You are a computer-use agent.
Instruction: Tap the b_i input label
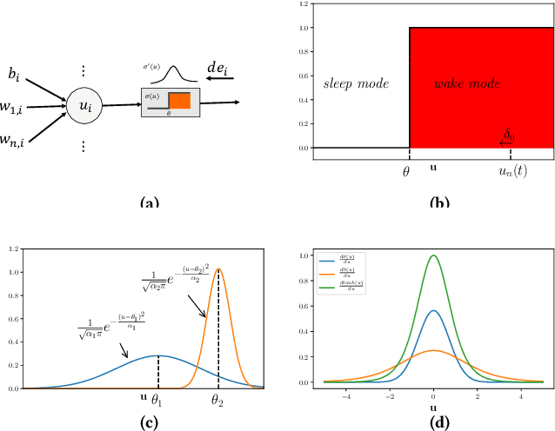click(16, 76)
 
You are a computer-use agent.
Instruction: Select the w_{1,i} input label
click(17, 108)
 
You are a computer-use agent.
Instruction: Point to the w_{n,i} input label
click(17, 139)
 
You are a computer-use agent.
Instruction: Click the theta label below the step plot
click(406, 172)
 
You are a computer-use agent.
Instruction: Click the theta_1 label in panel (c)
click(157, 402)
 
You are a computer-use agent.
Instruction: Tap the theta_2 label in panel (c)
click(218, 402)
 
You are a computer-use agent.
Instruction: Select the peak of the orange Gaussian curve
click(218, 269)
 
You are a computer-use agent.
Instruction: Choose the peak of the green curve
click(434, 255)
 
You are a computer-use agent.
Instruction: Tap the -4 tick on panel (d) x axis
click(346, 394)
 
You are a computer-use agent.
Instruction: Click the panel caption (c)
click(149, 424)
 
